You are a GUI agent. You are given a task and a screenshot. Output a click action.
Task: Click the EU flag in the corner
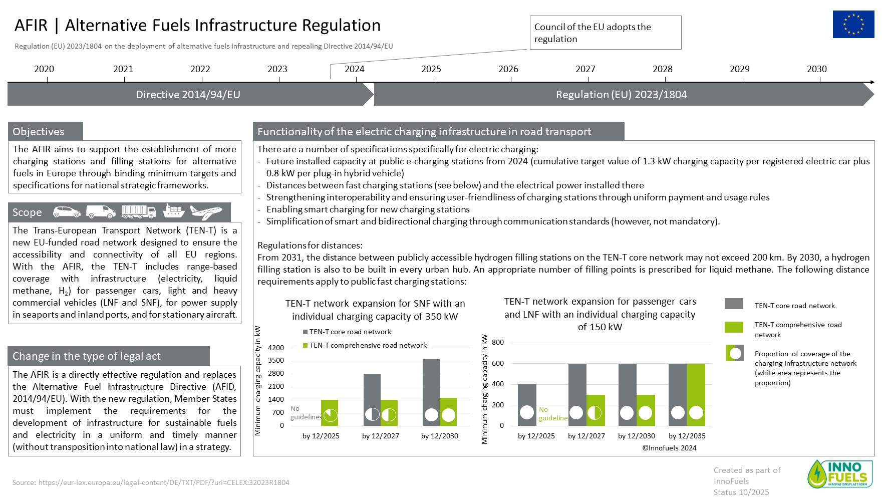pos(853,24)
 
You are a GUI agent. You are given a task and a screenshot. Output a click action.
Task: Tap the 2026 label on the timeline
pos(508,69)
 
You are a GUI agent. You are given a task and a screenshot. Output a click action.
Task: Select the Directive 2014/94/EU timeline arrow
pos(188,95)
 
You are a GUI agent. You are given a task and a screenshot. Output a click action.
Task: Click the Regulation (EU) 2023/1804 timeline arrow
pos(621,95)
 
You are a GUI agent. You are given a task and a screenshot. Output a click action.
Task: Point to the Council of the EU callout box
pos(605,33)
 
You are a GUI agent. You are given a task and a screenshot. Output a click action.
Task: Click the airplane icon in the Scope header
pos(205,212)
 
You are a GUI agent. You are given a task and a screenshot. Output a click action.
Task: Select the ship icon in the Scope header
pos(173,211)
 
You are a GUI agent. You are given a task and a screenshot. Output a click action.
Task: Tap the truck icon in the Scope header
pos(139,212)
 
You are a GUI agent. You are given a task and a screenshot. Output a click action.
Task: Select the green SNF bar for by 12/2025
pos(329,412)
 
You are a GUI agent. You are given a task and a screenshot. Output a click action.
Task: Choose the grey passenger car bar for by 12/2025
pos(527,405)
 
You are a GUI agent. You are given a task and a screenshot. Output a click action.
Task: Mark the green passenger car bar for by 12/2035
pos(696,394)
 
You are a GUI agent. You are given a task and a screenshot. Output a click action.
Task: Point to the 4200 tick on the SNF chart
pos(276,348)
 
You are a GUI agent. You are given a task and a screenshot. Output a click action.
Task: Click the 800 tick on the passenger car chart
pos(498,343)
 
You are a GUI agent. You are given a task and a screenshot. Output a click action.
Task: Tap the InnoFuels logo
pos(839,474)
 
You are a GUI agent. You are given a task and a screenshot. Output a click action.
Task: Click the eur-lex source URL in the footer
pos(163,482)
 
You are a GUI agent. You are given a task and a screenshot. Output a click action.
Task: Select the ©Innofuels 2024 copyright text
pos(669,448)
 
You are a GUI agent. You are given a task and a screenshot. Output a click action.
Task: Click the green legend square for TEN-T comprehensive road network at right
pos(734,327)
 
